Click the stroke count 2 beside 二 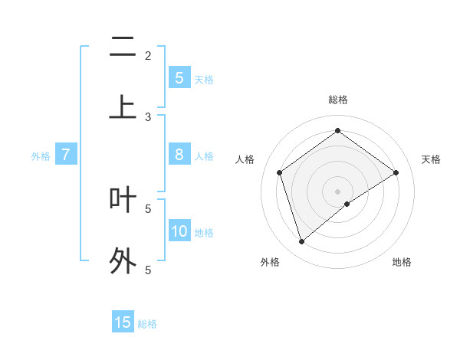click(x=148, y=55)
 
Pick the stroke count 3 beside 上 click(x=148, y=117)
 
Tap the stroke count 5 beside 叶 click(x=148, y=208)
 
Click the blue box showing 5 click(x=179, y=78)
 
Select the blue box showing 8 click(x=179, y=155)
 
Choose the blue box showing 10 click(x=179, y=231)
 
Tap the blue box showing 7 click(x=66, y=155)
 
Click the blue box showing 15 click(x=123, y=322)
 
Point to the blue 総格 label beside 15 click(x=147, y=324)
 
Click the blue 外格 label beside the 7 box click(x=41, y=156)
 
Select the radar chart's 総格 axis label click(x=338, y=100)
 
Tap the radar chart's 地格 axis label click(x=402, y=262)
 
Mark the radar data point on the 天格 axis click(x=396, y=172)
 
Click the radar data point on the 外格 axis click(x=302, y=242)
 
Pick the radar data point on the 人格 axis click(x=280, y=172)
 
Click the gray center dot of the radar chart click(x=338, y=191)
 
